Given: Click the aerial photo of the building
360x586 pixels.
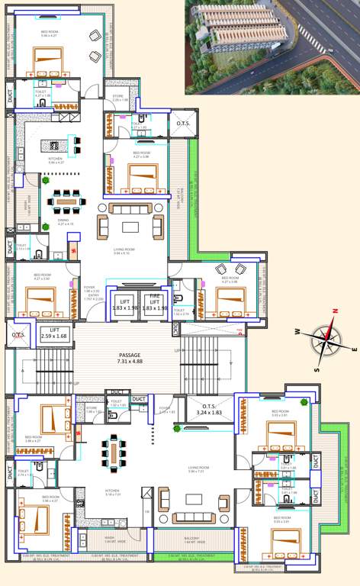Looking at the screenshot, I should [x=272, y=47].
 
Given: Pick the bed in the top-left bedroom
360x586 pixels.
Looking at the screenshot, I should [x=47, y=59].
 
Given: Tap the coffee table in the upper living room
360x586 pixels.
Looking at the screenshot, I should [x=130, y=226].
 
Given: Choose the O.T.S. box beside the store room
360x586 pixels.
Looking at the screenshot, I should [x=183, y=124].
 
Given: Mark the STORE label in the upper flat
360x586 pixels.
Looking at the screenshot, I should [x=118, y=98].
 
